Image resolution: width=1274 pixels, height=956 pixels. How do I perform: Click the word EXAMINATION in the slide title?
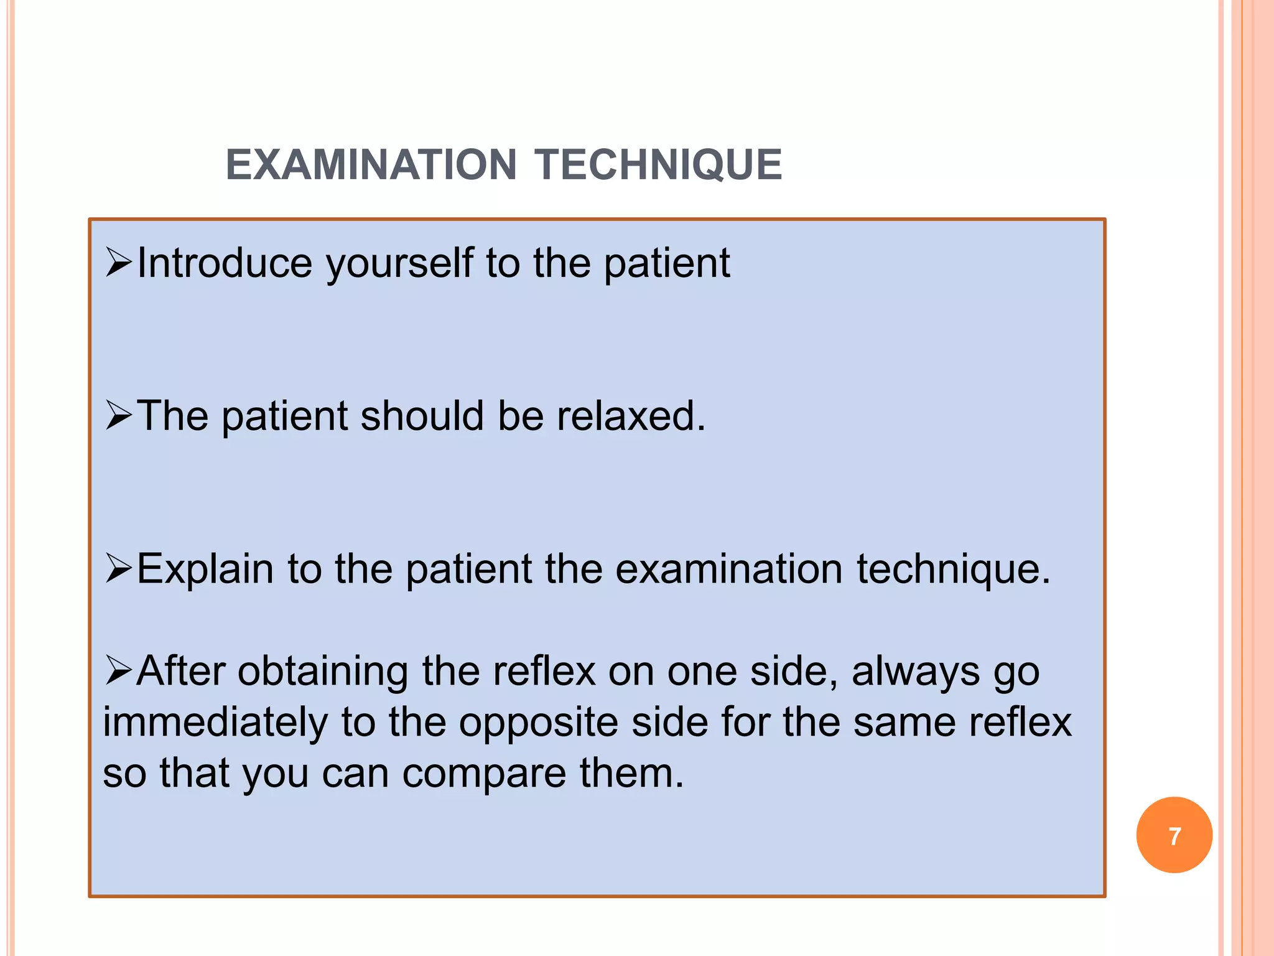click(x=371, y=165)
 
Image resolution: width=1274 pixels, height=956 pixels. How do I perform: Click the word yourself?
click(x=399, y=264)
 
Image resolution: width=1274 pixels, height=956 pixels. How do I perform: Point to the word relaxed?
click(x=631, y=416)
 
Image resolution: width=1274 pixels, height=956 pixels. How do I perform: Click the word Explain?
click(x=205, y=569)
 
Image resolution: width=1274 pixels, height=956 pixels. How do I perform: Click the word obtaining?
click(x=323, y=672)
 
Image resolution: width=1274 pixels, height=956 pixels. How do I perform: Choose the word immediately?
click(x=215, y=723)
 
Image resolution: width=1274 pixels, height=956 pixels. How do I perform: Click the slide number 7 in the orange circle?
click(x=1174, y=836)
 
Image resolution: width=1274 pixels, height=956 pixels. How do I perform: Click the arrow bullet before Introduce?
click(x=118, y=262)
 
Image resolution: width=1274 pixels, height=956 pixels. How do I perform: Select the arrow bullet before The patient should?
click(x=118, y=416)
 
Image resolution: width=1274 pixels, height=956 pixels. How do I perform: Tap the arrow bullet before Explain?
click(x=118, y=569)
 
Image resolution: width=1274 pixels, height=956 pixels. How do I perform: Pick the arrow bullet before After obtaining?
click(x=118, y=671)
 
